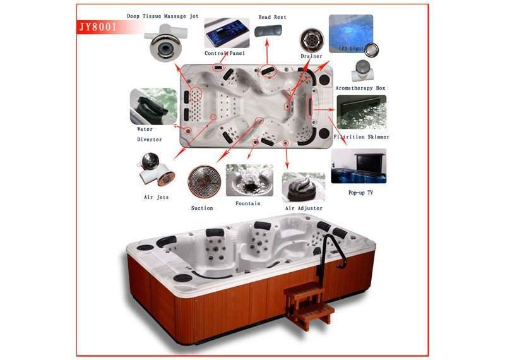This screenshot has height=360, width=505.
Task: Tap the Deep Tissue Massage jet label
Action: [163, 16]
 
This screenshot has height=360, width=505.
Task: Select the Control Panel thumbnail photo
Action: [227, 33]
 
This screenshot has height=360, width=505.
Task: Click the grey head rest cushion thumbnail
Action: [268, 31]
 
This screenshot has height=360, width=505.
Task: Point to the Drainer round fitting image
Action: [312, 40]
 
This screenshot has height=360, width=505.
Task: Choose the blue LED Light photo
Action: [351, 34]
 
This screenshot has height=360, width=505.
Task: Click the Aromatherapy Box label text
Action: [360, 88]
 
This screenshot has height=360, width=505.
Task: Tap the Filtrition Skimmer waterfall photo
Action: [361, 112]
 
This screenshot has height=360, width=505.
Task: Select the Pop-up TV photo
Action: [359, 166]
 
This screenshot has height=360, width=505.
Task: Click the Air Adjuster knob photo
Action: [304, 188]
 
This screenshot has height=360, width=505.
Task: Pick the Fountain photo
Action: [249, 180]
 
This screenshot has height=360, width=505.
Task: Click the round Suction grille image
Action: [205, 181]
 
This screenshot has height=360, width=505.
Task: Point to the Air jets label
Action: [156, 197]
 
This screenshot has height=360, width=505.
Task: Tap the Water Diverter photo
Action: [153, 106]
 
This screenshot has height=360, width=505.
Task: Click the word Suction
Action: [202, 208]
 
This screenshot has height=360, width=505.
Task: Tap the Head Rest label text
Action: [272, 17]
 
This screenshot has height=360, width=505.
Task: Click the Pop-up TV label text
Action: [360, 193]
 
